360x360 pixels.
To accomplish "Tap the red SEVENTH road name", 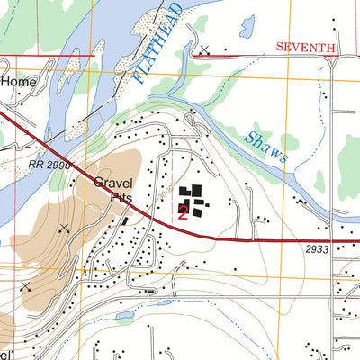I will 305,46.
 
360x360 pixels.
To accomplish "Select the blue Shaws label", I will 266,145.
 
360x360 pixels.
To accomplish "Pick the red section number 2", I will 183,212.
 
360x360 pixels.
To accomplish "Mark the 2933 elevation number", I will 317,249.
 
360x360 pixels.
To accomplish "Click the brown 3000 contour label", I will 165,192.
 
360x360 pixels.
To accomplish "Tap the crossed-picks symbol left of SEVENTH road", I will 205,50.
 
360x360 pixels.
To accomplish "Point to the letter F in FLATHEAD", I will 143,77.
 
